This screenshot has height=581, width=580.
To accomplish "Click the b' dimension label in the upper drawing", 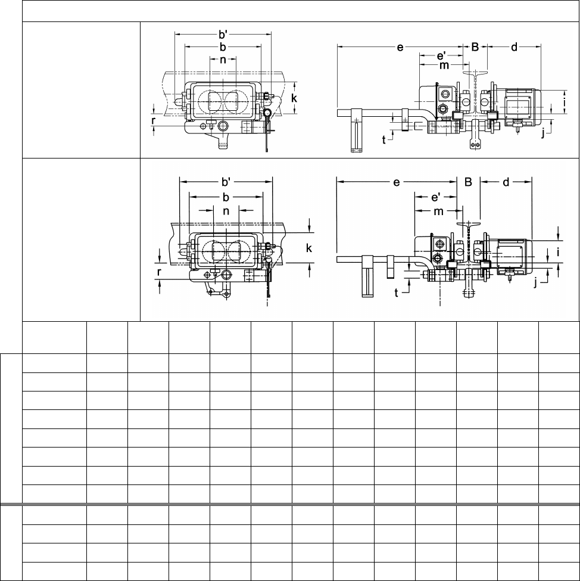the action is pyautogui.click(x=223, y=35).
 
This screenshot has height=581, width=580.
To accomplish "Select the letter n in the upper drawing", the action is pyautogui.click(x=223, y=60).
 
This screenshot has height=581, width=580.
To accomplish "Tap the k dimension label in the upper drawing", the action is pyautogui.click(x=294, y=98).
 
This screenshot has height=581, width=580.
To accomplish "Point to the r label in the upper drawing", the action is pyautogui.click(x=153, y=121).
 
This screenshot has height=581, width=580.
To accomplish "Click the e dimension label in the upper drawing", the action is pyautogui.click(x=400, y=48).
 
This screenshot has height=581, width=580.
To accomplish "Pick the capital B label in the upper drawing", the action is pyautogui.click(x=475, y=46).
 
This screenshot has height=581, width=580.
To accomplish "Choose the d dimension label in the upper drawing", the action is pyautogui.click(x=514, y=47).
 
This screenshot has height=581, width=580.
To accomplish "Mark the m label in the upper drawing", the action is pyautogui.click(x=444, y=66).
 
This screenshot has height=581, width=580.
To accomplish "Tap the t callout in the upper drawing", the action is pyautogui.click(x=384, y=139).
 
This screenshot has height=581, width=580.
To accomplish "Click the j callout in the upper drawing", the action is pyautogui.click(x=543, y=133).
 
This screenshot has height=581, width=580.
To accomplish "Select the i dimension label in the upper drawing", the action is pyautogui.click(x=564, y=101).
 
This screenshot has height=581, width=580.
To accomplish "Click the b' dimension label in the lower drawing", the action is pyautogui.click(x=226, y=182).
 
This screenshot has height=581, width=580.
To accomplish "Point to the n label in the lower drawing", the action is pyautogui.click(x=226, y=211).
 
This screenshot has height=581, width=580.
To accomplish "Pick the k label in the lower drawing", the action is pyautogui.click(x=308, y=248).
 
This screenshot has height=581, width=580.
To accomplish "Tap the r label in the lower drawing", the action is pyautogui.click(x=159, y=272).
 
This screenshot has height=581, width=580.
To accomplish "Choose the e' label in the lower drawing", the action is pyautogui.click(x=436, y=197).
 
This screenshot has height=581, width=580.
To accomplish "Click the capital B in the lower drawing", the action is pyautogui.click(x=468, y=182).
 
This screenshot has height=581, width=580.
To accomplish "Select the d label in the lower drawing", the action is pyautogui.click(x=506, y=182).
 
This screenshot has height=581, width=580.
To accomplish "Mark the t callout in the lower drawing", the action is pyautogui.click(x=397, y=293).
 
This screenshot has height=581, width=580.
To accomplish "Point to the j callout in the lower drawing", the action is pyautogui.click(x=536, y=282).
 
